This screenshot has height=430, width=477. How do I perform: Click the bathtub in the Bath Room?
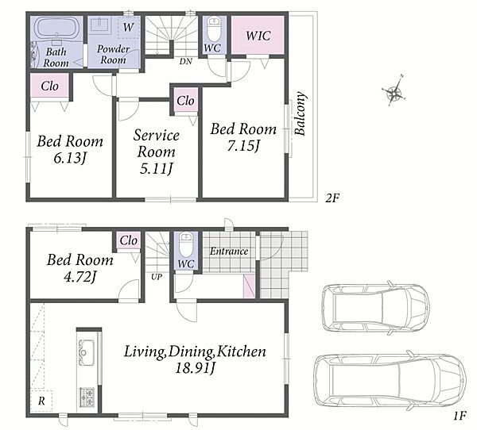pos(56,28)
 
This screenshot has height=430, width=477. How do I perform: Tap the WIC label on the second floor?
pos(258,36)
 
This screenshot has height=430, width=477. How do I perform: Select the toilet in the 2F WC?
pos(214,29)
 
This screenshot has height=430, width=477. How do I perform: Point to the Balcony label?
pos(301,113)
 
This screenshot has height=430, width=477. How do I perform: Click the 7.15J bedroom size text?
pos(243,146)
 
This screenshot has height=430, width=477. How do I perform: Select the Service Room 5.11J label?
pos(157,152)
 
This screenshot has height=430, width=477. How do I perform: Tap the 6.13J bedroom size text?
pos(70,158)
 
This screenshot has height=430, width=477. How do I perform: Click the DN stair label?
pos(185,61)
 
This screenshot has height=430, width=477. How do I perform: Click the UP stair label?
pos(157,277)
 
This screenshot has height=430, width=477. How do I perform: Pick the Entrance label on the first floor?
pos(229,251)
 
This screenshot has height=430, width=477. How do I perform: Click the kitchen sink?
pos(86,352)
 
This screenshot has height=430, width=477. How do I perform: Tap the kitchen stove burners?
pos(87,397)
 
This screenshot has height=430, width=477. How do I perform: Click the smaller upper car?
pos(375,307)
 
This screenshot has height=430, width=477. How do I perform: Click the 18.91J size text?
pos(195,368)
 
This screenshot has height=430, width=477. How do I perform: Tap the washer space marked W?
pos(128,27)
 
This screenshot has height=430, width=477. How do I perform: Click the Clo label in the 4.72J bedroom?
pos(128,240)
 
